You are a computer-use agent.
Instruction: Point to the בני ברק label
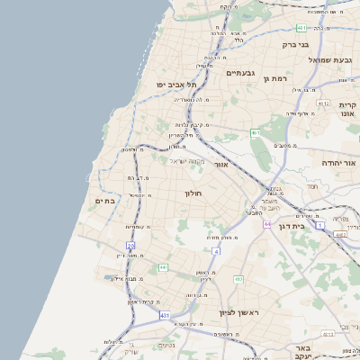coord(295,43)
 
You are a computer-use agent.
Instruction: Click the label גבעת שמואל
coord(328,59)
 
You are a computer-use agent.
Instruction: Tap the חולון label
coord(195,193)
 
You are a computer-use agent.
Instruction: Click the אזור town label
coord(221,166)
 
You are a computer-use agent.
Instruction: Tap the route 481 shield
coord(301,28)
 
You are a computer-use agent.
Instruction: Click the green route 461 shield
coord(256,133)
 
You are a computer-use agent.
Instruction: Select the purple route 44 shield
coord(267,223)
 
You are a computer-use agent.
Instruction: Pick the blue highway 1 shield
coord(319,225)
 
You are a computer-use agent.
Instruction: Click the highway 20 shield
coord(130,245)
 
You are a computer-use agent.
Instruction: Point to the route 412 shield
coord(238,279)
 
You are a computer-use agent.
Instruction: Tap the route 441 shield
coord(163,267)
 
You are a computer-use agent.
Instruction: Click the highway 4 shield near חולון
coord(216,251)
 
